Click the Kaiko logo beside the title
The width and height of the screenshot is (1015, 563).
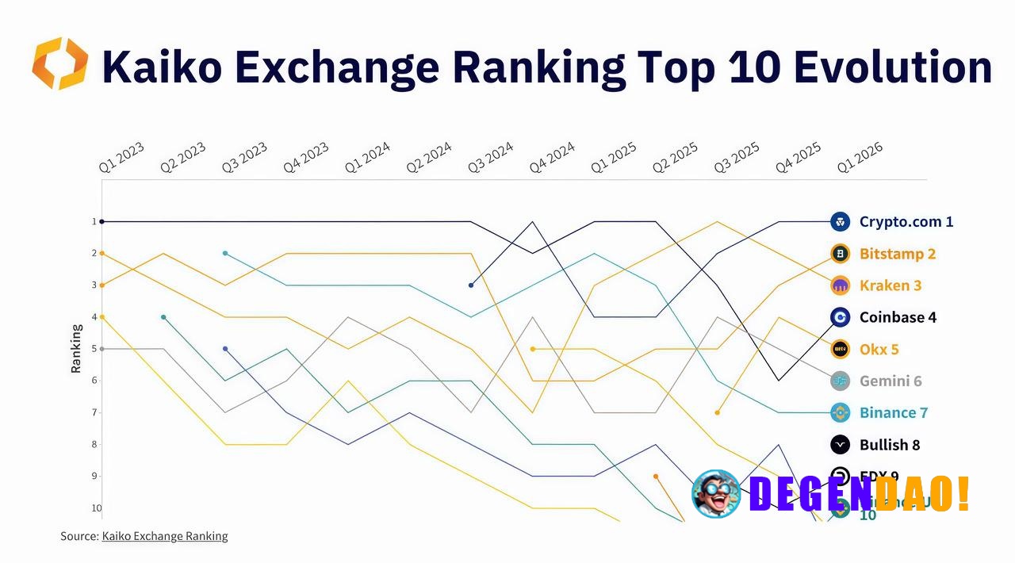[60, 63]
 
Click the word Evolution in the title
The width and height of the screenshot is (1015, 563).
[891, 67]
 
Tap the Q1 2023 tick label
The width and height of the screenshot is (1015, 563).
[121, 157]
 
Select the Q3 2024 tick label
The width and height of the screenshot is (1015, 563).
[490, 157]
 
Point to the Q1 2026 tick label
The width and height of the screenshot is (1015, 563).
[860, 157]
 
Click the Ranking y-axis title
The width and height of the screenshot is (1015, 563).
[76, 348]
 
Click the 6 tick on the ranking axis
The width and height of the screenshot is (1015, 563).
[94, 381]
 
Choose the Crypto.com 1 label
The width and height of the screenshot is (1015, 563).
[906, 222]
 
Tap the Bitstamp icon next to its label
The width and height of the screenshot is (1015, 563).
[841, 254]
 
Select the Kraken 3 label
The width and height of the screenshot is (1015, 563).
[891, 285]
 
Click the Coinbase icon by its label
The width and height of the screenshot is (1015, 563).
[841, 317]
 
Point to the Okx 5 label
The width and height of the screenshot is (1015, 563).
[879, 349]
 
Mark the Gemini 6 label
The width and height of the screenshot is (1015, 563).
[891, 381]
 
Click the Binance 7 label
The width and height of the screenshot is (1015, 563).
[894, 412]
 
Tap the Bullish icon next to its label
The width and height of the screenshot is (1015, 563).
[841, 444]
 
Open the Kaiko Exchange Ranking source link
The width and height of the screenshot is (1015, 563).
[165, 536]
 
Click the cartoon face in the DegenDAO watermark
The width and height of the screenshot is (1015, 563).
[716, 493]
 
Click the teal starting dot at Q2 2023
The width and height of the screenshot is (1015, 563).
[163, 317]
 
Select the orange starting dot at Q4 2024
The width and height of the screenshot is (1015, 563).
[533, 349]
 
